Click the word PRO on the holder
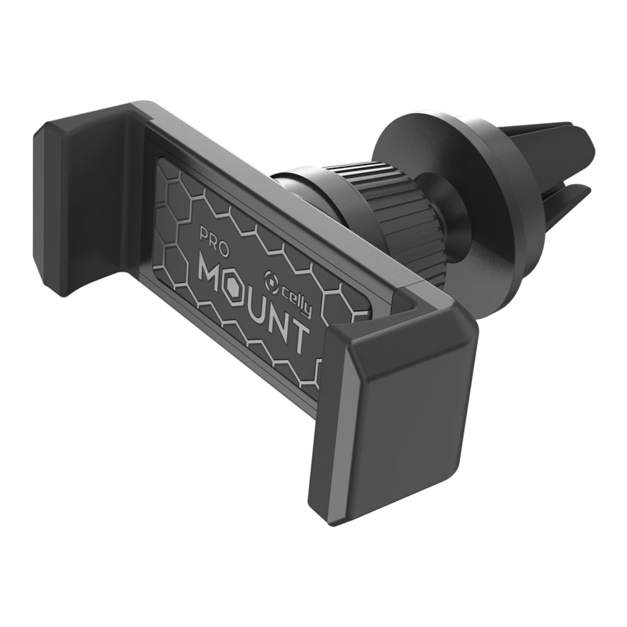214,242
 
